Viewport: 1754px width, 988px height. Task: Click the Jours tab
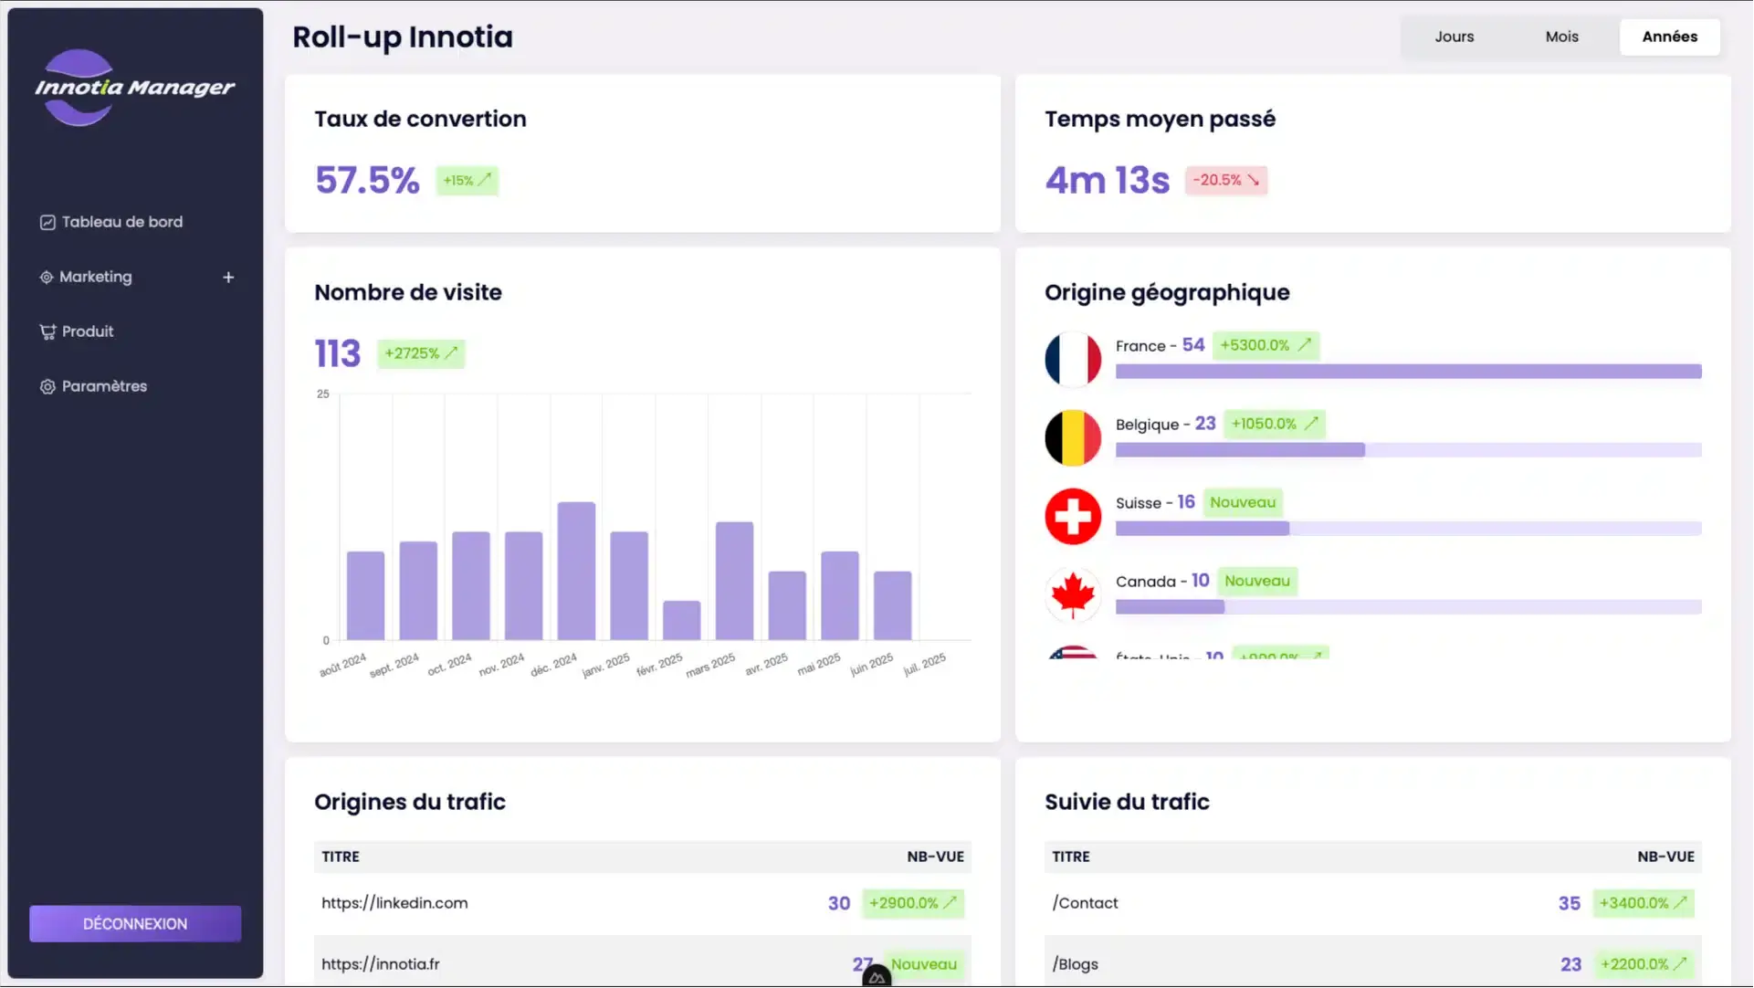click(1454, 37)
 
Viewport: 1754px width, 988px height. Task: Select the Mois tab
click(1561, 37)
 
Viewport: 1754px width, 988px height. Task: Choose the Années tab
click(1669, 37)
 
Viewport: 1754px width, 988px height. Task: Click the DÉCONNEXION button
click(135, 923)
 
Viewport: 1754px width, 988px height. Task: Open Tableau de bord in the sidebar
click(121, 222)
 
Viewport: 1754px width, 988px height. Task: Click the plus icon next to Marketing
click(228, 277)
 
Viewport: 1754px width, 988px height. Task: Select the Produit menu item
click(88, 331)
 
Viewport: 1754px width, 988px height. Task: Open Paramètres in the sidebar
click(104, 386)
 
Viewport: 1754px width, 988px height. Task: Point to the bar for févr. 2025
click(681, 620)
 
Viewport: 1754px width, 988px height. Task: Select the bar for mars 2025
click(734, 581)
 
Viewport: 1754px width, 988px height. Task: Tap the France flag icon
click(1073, 359)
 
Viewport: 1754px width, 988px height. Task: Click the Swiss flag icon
click(1073, 516)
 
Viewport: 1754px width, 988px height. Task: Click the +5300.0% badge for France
click(1266, 345)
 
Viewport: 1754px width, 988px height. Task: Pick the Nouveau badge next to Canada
click(1256, 581)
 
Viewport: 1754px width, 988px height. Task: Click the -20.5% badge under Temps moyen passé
click(1225, 180)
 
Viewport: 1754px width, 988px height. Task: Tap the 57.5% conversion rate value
click(367, 180)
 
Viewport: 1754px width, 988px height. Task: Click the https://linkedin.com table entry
click(394, 902)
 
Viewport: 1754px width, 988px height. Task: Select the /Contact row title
click(1085, 902)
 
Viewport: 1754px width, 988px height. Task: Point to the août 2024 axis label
click(342, 665)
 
